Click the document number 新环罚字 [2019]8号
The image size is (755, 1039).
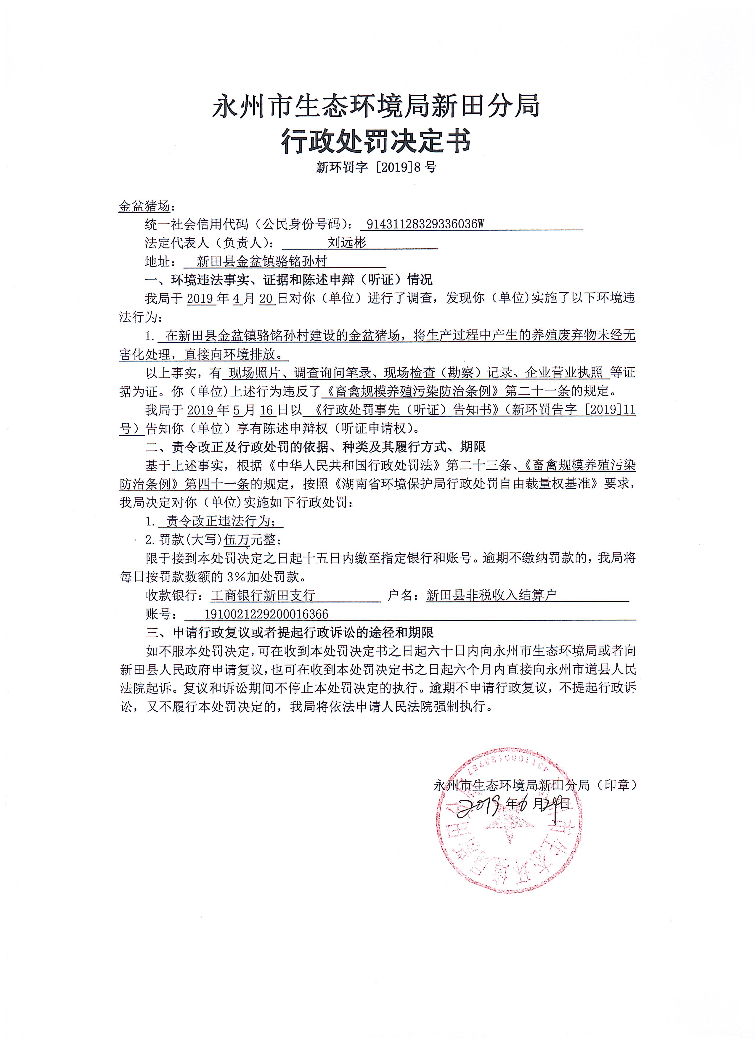click(376, 167)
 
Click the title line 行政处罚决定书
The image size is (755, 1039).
click(376, 140)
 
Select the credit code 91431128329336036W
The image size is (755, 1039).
click(425, 224)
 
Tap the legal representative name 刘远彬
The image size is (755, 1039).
click(347, 243)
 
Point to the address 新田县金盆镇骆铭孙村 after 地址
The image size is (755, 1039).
click(262, 262)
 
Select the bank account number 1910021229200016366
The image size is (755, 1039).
click(266, 614)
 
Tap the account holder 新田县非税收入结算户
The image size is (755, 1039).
click(491, 596)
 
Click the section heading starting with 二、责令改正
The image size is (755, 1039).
click(316, 447)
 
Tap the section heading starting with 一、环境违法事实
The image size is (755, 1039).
click(289, 280)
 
